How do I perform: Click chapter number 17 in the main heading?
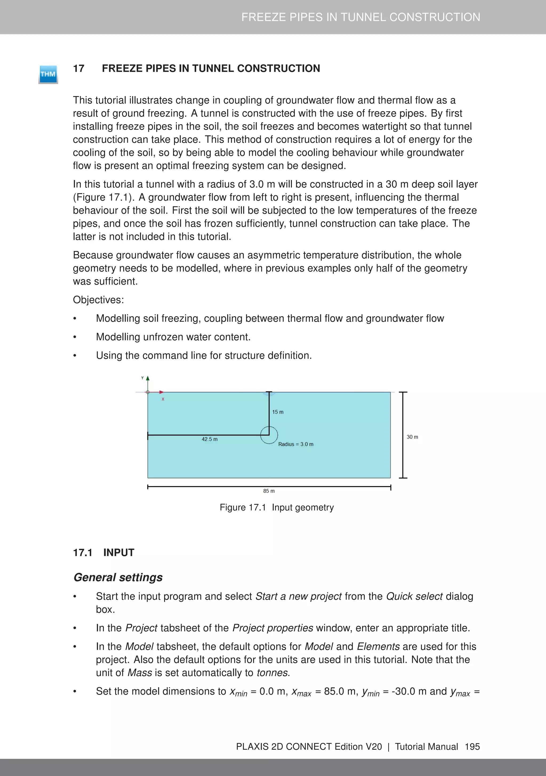tap(79, 68)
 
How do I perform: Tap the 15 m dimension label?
tap(278, 412)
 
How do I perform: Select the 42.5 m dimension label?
tap(210, 439)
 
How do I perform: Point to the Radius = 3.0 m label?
tap(296, 444)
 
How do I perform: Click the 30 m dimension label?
tap(412, 437)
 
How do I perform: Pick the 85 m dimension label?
tap(269, 491)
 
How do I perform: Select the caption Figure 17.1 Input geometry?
tap(276, 507)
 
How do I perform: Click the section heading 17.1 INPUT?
tap(104, 553)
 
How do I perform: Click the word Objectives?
tap(98, 300)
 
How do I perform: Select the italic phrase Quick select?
tap(414, 596)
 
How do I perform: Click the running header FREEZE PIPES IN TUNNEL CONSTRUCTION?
tap(360, 17)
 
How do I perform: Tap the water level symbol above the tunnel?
tap(269, 393)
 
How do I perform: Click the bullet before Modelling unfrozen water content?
tap(75, 337)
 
